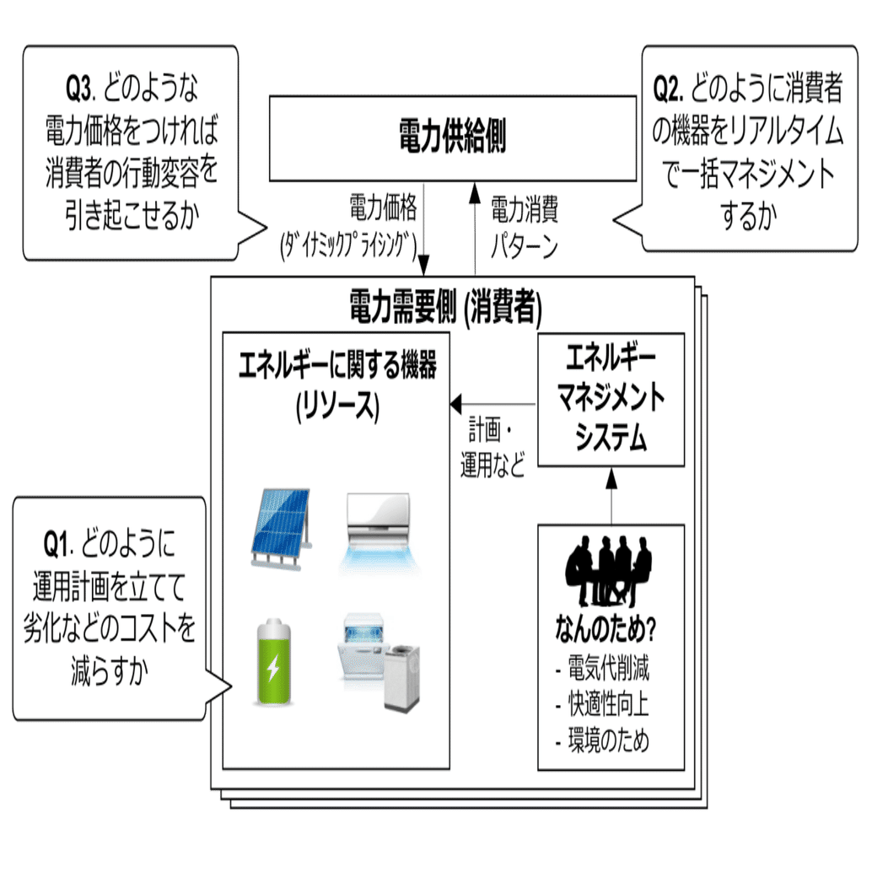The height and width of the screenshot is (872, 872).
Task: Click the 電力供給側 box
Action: click(452, 137)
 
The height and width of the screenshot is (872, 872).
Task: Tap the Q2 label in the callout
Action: click(670, 89)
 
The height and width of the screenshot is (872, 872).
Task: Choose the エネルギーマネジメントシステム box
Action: click(611, 400)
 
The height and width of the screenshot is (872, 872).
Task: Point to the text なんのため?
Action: click(606, 630)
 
